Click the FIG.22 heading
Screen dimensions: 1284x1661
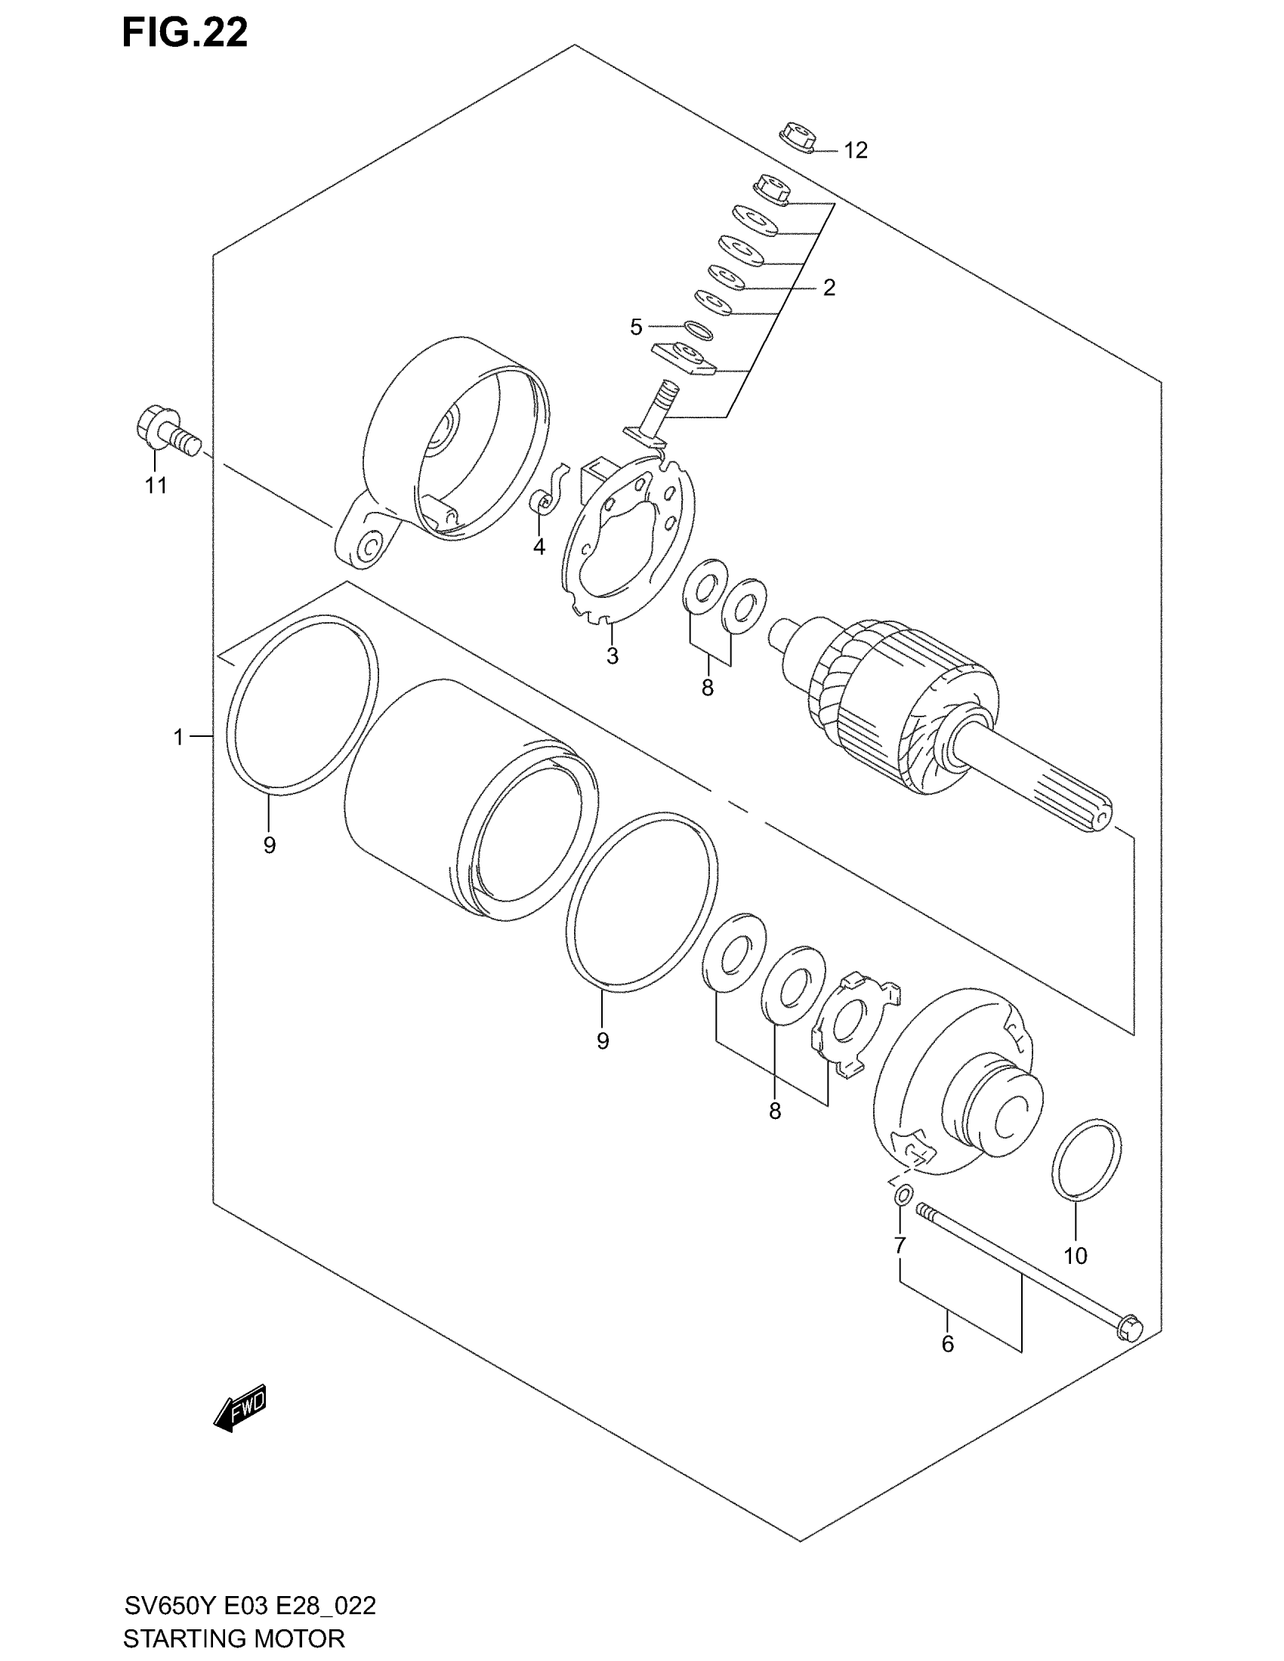tap(185, 34)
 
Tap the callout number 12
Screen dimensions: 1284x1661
tap(855, 150)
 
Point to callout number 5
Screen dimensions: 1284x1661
tap(636, 327)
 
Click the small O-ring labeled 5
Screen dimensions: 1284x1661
tap(697, 330)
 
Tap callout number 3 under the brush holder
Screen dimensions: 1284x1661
tap(613, 655)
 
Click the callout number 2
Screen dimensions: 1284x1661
tap(829, 288)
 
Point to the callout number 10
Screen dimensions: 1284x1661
tap(1076, 1256)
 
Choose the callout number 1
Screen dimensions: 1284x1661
tap(178, 736)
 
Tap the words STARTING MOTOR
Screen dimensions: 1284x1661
tap(233, 1638)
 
